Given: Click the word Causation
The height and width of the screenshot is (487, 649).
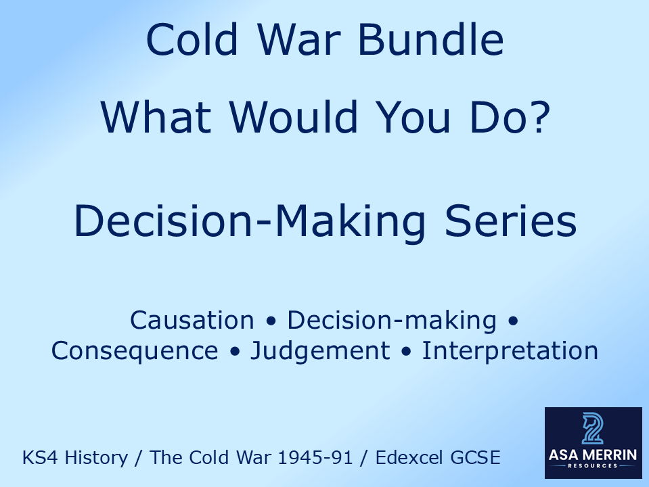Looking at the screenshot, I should (x=192, y=320).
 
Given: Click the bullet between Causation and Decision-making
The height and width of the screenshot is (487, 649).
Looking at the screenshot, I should (x=270, y=321).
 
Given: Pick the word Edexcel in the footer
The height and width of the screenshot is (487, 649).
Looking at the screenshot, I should (x=412, y=458).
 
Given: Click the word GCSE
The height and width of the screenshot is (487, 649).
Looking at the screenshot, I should (x=477, y=458).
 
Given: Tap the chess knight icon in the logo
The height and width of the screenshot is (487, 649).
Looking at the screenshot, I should (x=592, y=428).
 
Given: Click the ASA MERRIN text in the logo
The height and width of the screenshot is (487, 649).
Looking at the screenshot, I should (x=593, y=455).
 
